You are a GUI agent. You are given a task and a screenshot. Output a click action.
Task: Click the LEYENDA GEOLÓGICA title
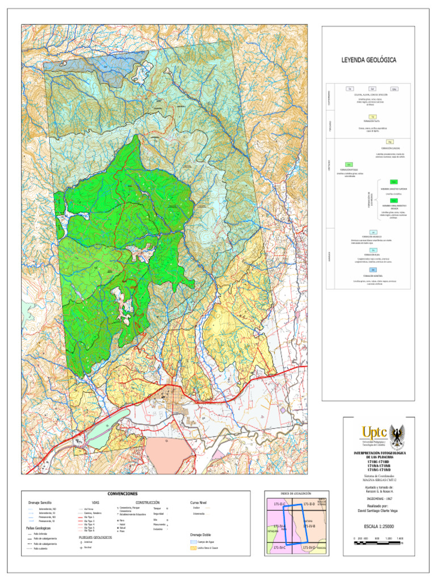(368, 60)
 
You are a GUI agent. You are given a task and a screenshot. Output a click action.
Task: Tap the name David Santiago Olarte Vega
(379, 510)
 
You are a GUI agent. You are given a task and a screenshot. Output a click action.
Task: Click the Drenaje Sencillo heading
(40, 503)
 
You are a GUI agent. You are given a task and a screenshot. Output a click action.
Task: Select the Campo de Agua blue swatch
(194, 542)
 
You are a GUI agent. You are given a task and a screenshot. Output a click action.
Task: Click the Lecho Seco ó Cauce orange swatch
(194, 549)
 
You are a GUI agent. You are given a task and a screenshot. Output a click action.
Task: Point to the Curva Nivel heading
(199, 502)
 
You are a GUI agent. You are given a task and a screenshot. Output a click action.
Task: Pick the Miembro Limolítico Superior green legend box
(378, 181)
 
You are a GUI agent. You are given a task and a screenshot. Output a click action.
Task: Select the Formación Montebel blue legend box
(373, 270)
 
